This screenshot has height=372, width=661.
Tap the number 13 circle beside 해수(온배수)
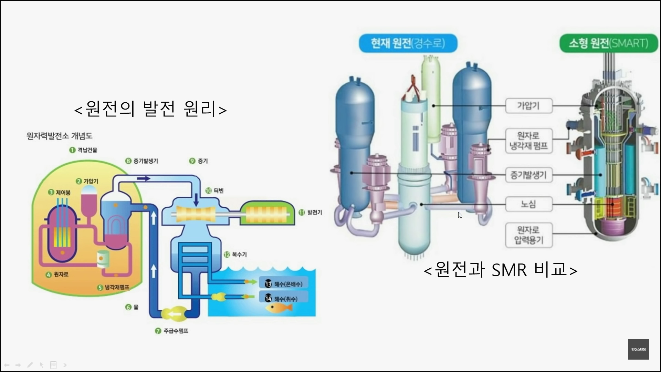268,284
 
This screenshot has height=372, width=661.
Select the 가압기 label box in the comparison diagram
528,106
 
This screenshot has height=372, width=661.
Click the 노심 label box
528,204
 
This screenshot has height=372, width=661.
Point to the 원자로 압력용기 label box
528,235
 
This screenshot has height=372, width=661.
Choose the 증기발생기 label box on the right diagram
528,175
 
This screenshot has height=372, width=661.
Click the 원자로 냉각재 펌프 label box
528,141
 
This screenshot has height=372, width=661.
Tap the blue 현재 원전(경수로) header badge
408,43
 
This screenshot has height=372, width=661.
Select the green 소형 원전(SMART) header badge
608,43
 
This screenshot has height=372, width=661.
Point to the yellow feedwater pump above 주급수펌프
175,314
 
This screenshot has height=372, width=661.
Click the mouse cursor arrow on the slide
460,215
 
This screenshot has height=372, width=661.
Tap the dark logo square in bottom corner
638,349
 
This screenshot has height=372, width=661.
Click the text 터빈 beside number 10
219,191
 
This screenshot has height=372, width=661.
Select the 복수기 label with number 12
239,255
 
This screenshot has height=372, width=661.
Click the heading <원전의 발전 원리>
150,109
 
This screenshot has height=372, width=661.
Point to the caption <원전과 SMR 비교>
500,270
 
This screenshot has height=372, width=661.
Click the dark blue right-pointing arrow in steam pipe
144,178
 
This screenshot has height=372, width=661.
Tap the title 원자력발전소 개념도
60,136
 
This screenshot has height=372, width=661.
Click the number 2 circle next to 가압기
79,181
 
